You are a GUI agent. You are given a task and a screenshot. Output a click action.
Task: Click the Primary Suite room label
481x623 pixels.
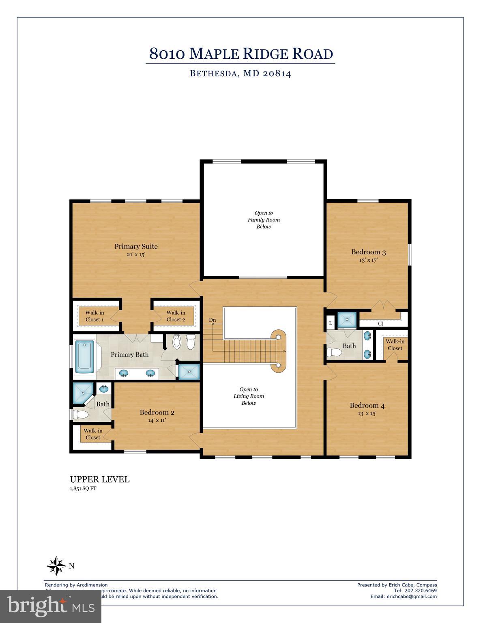(x=135, y=246)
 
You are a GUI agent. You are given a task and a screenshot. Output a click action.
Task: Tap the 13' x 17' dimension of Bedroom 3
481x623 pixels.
(x=368, y=260)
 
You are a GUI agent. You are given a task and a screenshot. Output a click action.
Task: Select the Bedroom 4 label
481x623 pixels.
(x=367, y=405)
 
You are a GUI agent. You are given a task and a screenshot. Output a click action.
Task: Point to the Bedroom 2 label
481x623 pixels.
(x=157, y=412)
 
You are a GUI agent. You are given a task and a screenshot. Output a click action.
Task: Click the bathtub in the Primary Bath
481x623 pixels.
(x=85, y=357)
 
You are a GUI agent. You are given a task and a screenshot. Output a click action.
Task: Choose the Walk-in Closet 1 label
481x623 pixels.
(x=94, y=316)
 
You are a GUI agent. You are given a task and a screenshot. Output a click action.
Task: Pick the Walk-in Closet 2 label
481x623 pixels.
(x=176, y=316)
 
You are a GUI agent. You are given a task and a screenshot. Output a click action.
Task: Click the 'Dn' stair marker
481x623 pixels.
(x=213, y=320)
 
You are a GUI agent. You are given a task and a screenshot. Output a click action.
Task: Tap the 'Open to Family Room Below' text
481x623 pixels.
(x=264, y=220)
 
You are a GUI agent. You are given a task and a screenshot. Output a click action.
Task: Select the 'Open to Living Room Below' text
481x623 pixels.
(x=249, y=396)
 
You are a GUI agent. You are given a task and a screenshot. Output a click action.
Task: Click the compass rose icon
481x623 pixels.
(x=56, y=565)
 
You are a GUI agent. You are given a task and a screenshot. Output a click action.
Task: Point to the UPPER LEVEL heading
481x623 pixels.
(x=100, y=479)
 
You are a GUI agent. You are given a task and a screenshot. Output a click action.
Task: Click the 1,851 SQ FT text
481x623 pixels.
(x=83, y=489)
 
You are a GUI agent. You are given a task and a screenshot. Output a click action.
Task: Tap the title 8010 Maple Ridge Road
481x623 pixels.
(x=241, y=54)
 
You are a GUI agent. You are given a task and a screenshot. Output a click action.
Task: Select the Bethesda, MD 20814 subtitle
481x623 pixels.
(x=240, y=74)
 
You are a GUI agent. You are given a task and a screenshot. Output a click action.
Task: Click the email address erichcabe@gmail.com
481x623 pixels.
(x=412, y=596)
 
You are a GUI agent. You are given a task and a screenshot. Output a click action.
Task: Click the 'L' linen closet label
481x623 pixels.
(x=331, y=323)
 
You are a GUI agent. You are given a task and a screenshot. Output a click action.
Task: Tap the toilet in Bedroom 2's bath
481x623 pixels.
(x=81, y=415)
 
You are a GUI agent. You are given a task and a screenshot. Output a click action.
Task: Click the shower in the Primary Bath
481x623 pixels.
(x=189, y=372)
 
